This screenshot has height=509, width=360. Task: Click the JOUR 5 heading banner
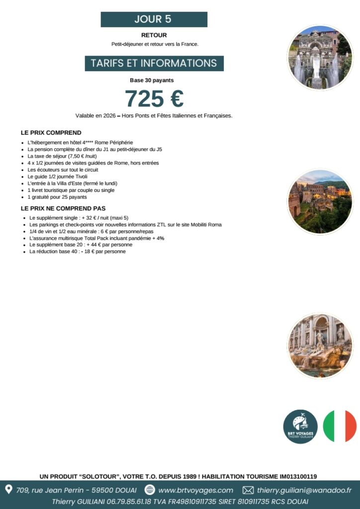coord(154,19)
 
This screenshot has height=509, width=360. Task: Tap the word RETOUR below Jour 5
coord(154,35)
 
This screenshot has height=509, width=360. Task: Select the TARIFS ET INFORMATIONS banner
coord(154,64)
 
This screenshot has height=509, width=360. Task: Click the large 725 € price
coord(154,98)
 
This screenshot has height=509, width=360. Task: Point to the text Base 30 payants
coord(152,80)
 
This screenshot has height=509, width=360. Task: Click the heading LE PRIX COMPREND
coord(51,133)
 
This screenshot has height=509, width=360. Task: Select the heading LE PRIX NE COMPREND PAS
coord(63,208)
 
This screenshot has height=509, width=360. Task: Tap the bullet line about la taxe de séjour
coord(62,156)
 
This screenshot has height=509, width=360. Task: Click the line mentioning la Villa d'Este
coord(73,183)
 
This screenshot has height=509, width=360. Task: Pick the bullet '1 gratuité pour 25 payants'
coord(57,197)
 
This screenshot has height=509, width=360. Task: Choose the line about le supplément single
coord(79,218)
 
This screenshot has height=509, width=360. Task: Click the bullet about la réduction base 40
coord(78,252)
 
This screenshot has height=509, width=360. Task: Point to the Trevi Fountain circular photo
coord(320,345)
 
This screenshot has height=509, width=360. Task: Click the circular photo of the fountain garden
coord(320,57)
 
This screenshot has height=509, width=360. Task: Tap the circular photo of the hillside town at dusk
coord(320,201)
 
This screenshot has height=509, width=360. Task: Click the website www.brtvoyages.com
coord(195,490)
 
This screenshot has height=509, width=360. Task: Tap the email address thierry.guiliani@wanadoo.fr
coord(304,490)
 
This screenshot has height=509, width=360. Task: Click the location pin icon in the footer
coord(8,490)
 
